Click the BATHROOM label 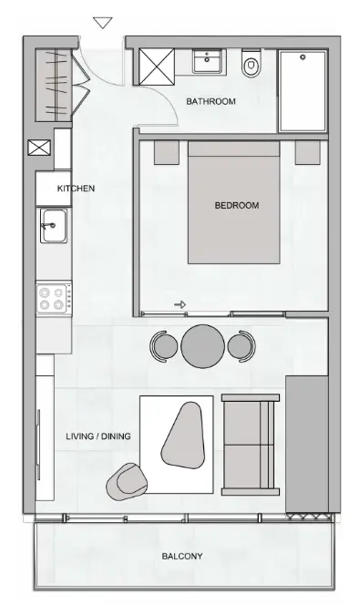tap(211, 102)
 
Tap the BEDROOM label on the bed tap(236, 206)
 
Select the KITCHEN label tap(76, 189)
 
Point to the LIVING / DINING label tap(98, 436)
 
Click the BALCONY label tap(182, 556)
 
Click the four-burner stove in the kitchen tap(53, 298)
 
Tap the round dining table tap(202, 345)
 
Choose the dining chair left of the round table tap(165, 345)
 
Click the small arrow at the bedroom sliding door tap(180, 305)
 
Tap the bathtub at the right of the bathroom tap(304, 91)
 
